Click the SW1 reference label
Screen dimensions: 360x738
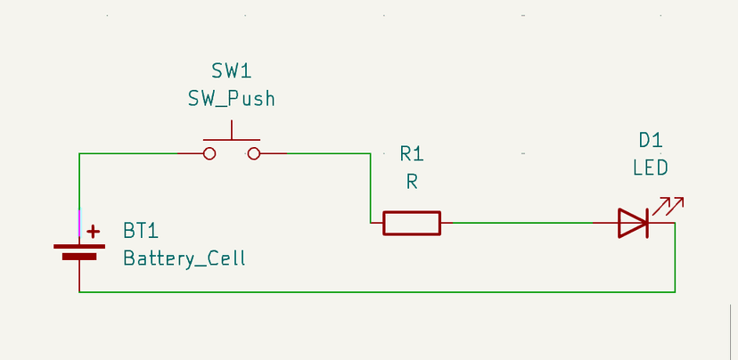[231, 71]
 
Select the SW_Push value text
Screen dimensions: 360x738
[231, 99]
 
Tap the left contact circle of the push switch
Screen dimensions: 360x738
[209, 153]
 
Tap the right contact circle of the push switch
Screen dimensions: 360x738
[254, 153]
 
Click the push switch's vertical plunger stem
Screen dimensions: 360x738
[232, 131]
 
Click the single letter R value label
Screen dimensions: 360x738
[412, 182]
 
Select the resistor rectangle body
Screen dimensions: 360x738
[412, 223]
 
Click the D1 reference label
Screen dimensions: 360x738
[651, 140]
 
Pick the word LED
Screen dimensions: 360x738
[651, 168]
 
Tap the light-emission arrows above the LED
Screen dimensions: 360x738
[667, 206]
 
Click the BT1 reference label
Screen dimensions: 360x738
[141, 232]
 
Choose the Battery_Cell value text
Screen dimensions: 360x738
[184, 259]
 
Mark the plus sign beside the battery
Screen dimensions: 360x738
[93, 232]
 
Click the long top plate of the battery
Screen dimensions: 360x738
[79, 245]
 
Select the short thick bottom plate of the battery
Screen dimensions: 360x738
[79, 256]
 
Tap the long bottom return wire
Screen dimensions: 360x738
[374, 291]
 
